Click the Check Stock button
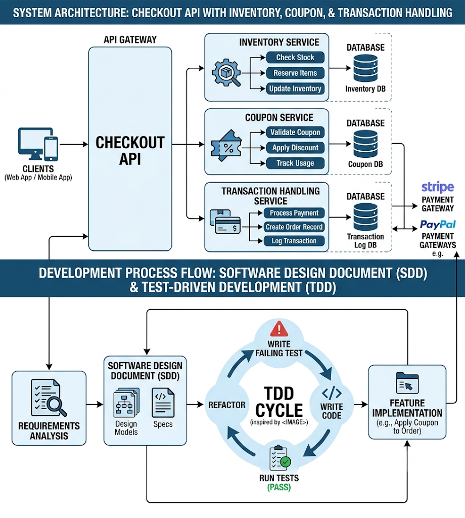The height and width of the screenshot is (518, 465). coord(295,58)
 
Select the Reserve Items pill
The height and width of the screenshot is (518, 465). coord(295,73)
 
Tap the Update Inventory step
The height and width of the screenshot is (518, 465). coord(295,89)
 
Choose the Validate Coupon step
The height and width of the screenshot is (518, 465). coord(295,133)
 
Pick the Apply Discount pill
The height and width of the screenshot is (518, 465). coord(295,148)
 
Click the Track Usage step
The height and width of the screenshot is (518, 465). coord(295,163)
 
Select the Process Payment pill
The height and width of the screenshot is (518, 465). coord(294,213)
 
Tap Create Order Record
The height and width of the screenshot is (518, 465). coord(294,227)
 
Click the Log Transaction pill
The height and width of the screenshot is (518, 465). coord(294,241)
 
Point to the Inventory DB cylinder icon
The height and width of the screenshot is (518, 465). coord(365,68)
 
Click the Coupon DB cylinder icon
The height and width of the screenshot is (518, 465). coord(365,144)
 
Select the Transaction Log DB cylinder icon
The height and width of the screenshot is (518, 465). coord(365,217)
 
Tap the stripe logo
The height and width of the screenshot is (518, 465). coord(438,187)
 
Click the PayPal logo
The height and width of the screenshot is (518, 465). coord(438,225)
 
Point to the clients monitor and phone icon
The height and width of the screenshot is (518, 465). coord(38,144)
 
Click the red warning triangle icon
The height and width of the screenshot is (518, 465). coord(279,329)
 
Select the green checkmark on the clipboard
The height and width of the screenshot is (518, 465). coord(286,461)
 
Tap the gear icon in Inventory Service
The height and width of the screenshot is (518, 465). coord(226,72)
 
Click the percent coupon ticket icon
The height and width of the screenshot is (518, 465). coord(226,146)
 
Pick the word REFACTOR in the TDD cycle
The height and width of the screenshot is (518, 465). coord(227,405)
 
